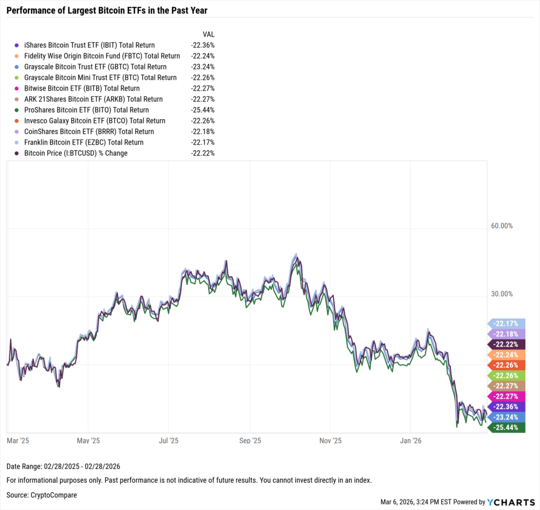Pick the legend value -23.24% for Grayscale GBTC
click(x=202, y=67)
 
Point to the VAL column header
click(x=209, y=34)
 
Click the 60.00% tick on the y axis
click(x=502, y=226)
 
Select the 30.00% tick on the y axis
click(x=502, y=294)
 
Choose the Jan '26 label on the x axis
click(x=411, y=440)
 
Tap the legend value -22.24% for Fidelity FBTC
click(x=202, y=56)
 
